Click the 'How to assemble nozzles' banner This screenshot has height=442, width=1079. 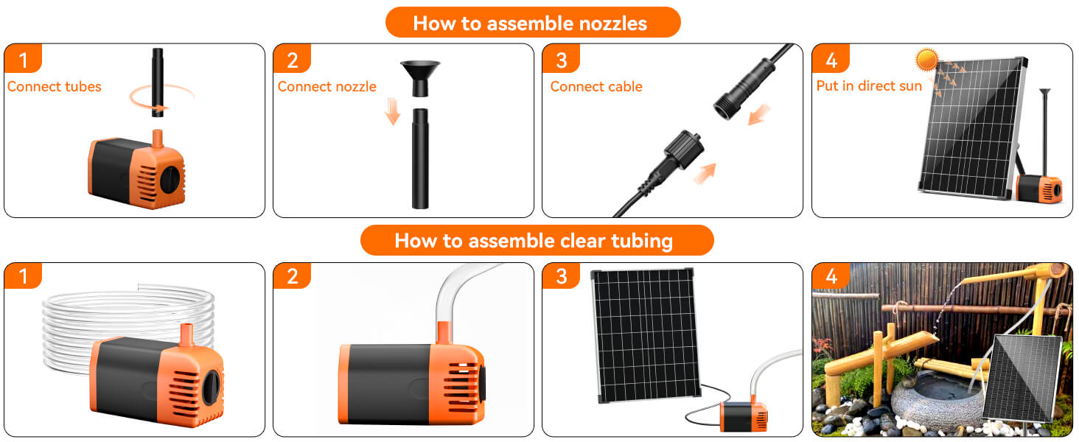click(532, 23)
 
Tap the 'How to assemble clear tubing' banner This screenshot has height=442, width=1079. click(536, 241)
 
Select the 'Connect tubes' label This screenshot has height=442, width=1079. click(55, 87)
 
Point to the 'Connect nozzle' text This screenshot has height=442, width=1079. click(327, 87)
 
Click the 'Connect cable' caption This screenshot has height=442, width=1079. click(596, 87)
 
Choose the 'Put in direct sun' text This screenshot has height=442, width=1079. click(868, 86)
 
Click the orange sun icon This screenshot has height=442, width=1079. click(926, 60)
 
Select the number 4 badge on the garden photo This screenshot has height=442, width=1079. click(831, 276)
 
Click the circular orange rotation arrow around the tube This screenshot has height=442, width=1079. click(162, 96)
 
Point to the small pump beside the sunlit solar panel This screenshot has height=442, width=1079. click(1040, 189)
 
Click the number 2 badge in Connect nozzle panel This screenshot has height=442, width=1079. click(292, 59)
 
